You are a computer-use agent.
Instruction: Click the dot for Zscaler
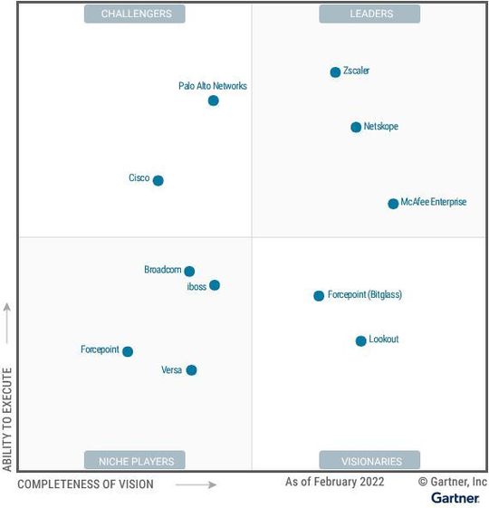coord(335,72)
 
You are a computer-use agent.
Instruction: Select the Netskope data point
coord(356,128)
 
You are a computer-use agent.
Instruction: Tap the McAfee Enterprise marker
coord(393,204)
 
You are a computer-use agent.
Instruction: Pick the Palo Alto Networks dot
coord(214,101)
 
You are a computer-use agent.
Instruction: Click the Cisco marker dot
coord(158,180)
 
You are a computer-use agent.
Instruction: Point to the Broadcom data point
coord(189,271)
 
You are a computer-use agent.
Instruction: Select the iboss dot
coord(215,285)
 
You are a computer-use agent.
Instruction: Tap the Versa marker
coord(191,369)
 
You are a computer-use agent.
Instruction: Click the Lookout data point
coord(360,340)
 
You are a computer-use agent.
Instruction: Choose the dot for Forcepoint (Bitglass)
coord(319,296)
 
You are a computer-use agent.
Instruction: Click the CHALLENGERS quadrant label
coord(135,14)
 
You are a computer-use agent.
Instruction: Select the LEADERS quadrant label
coord(369,14)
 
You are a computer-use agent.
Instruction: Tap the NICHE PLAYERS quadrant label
coord(135,460)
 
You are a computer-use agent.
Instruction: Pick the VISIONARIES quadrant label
coord(369,460)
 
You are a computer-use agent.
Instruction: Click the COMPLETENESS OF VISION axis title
coord(86,484)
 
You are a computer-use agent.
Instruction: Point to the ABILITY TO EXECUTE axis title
coord(8,418)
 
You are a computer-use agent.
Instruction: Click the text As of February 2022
coord(335,482)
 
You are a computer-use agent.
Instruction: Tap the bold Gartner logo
coord(455,498)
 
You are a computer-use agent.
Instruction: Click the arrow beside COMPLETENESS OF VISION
coord(196,484)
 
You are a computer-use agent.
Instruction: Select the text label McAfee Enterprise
coord(434,203)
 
